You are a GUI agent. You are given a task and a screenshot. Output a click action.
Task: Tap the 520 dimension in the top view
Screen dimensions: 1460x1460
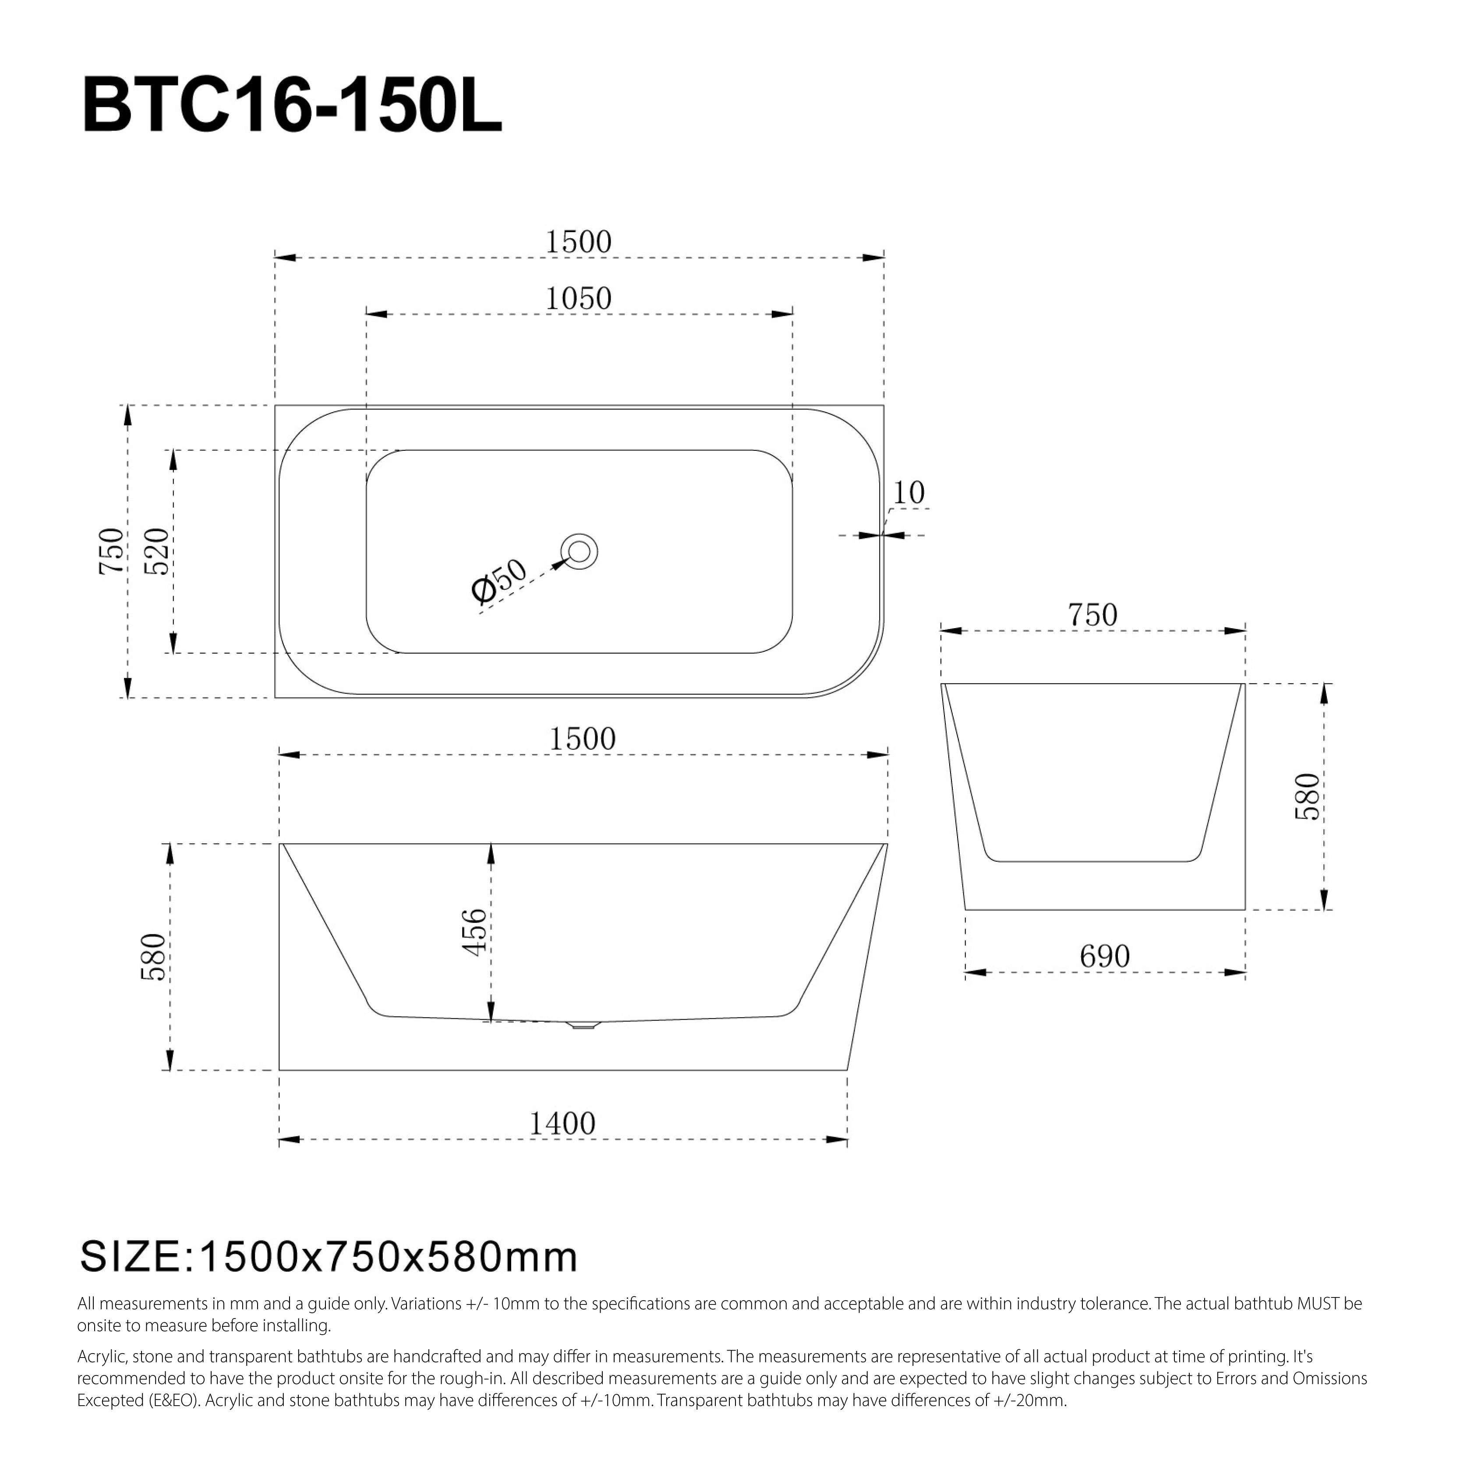[157, 551]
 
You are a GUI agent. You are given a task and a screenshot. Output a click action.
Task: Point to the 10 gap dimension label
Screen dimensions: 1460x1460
[909, 494]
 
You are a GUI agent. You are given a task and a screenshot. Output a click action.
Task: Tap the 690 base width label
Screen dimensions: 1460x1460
[1104, 957]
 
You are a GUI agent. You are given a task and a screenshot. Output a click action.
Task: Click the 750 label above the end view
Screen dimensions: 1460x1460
[1092, 615]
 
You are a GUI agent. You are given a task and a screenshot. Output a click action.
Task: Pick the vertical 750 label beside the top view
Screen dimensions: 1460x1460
[112, 551]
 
